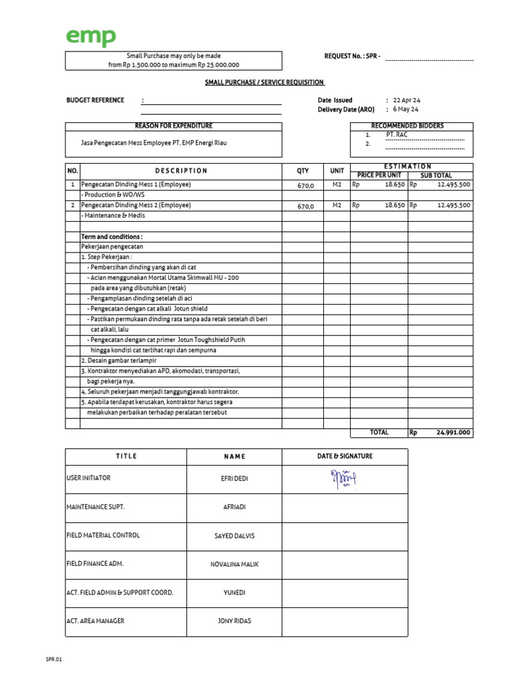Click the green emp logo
tap(90, 38)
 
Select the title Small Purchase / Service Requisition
tap(265, 82)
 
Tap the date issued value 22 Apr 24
tap(406, 100)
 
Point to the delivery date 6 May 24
tap(405, 110)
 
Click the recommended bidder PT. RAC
tap(396, 134)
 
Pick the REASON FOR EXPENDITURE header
tap(174, 126)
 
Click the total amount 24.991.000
tap(454, 432)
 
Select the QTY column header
tap(303, 170)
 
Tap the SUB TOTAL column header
tap(436, 175)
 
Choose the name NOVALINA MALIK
tap(234, 564)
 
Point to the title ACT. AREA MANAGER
tap(96, 621)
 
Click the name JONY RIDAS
tap(234, 621)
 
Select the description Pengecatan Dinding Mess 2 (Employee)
tap(136, 205)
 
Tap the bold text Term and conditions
tap(112, 236)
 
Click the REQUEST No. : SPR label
tap(352, 56)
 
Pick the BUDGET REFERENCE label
tap(95, 100)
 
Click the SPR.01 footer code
tap(53, 659)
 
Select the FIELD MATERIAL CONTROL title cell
tap(103, 535)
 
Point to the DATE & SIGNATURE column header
tap(345, 456)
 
